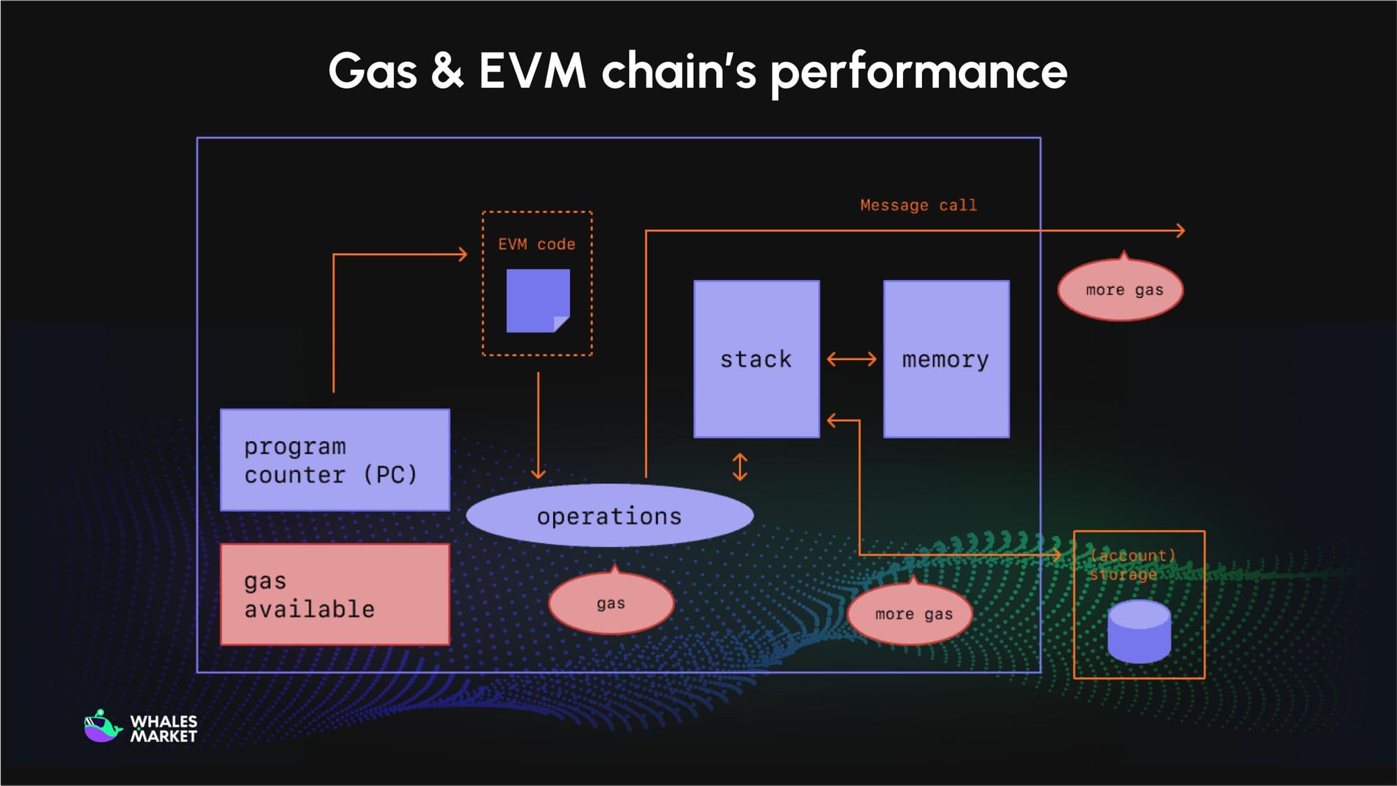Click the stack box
pyautogui.click(x=756, y=359)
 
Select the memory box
pyautogui.click(x=946, y=359)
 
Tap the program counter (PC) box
pyautogui.click(x=335, y=460)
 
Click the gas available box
pyautogui.click(x=335, y=595)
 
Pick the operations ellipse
pyautogui.click(x=609, y=516)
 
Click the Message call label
pyautogui.click(x=918, y=205)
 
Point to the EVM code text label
pyautogui.click(x=536, y=245)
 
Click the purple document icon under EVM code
pyautogui.click(x=537, y=300)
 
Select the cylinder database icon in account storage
pyautogui.click(x=1139, y=632)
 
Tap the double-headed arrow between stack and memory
pyautogui.click(x=851, y=359)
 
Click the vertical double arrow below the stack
pyautogui.click(x=740, y=467)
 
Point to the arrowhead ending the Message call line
pyautogui.click(x=1180, y=231)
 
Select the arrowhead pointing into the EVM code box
pyautogui.click(x=462, y=254)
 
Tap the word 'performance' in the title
pyautogui.click(x=918, y=72)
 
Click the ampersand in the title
pyautogui.click(x=447, y=71)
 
